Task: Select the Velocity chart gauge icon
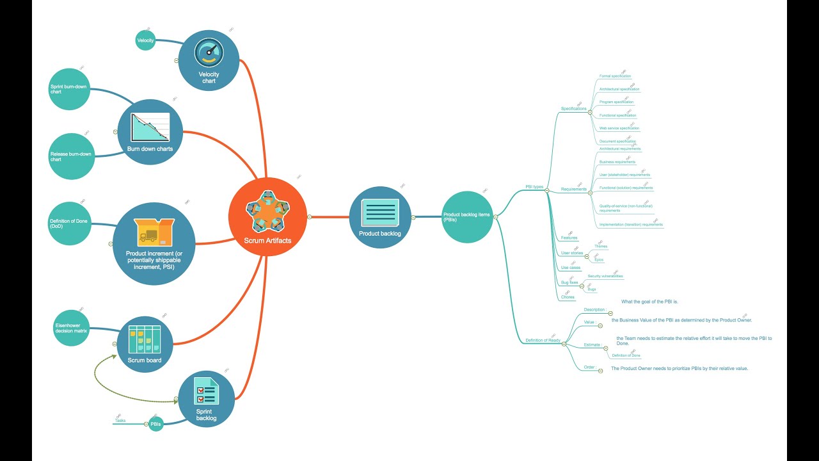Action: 209,52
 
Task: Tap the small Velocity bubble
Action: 146,41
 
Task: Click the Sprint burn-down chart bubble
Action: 70,89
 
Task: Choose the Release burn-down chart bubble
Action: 70,156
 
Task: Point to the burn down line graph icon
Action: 150,127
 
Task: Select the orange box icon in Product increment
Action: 154,232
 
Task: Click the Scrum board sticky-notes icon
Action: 145,339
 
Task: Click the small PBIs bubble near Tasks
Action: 156,424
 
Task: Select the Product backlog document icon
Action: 380,212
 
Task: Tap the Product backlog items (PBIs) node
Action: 467,217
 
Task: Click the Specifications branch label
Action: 573,109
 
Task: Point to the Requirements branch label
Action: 574,189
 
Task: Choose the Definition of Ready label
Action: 543,341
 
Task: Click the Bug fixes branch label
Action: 569,282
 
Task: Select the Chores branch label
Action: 568,297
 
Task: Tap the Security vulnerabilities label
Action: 605,276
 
